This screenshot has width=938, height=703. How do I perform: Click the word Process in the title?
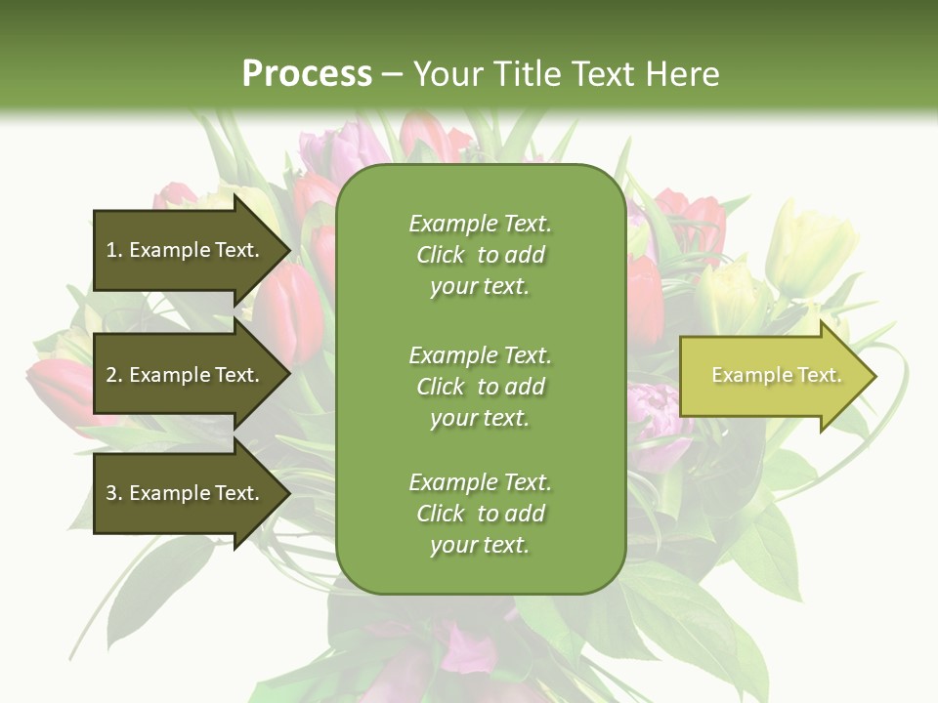click(307, 74)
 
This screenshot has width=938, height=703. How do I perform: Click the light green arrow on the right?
click(772, 376)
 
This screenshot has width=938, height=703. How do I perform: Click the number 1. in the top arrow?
click(114, 250)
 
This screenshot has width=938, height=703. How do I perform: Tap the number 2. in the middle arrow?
click(114, 375)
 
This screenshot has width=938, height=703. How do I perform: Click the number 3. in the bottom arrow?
click(114, 493)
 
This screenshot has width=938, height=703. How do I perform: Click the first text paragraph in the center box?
click(480, 255)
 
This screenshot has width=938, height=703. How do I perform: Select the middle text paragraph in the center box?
click(480, 387)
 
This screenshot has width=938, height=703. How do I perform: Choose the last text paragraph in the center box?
click(480, 514)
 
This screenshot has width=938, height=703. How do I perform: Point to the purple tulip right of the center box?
click(657, 415)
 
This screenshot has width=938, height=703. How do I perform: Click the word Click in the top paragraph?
click(441, 255)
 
